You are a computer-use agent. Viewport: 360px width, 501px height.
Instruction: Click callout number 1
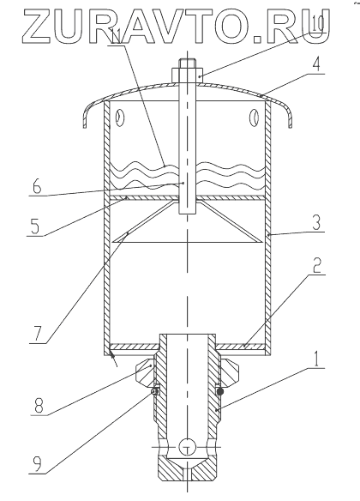(x=315, y=359)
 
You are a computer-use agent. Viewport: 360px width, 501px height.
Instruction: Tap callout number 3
(x=316, y=222)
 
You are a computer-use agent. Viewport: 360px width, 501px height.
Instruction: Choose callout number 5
(x=34, y=226)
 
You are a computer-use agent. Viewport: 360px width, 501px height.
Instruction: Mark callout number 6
(x=37, y=185)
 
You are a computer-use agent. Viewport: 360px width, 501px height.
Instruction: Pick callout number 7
(x=37, y=334)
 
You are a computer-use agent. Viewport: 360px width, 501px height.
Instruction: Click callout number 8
(x=39, y=406)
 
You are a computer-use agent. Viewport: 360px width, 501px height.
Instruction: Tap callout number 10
(x=316, y=25)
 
